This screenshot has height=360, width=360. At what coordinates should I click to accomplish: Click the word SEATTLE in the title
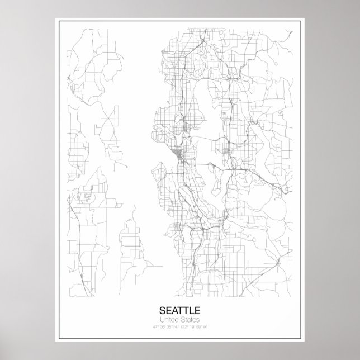pyautogui.click(x=180, y=309)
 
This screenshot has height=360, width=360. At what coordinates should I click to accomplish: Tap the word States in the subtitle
pyautogui.click(x=190, y=319)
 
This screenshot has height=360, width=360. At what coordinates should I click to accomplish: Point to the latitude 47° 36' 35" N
pyautogui.click(x=162, y=326)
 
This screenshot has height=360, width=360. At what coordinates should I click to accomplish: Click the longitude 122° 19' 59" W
pyautogui.click(x=198, y=326)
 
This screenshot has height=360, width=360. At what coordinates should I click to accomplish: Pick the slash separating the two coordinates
pyautogui.click(x=180, y=326)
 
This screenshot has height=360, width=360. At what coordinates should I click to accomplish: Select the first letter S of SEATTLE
pyautogui.click(x=163, y=309)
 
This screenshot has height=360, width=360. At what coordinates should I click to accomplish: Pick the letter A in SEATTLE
pyautogui.click(x=176, y=309)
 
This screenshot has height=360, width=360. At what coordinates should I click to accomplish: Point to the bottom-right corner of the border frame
pyautogui.click(x=302, y=340)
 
